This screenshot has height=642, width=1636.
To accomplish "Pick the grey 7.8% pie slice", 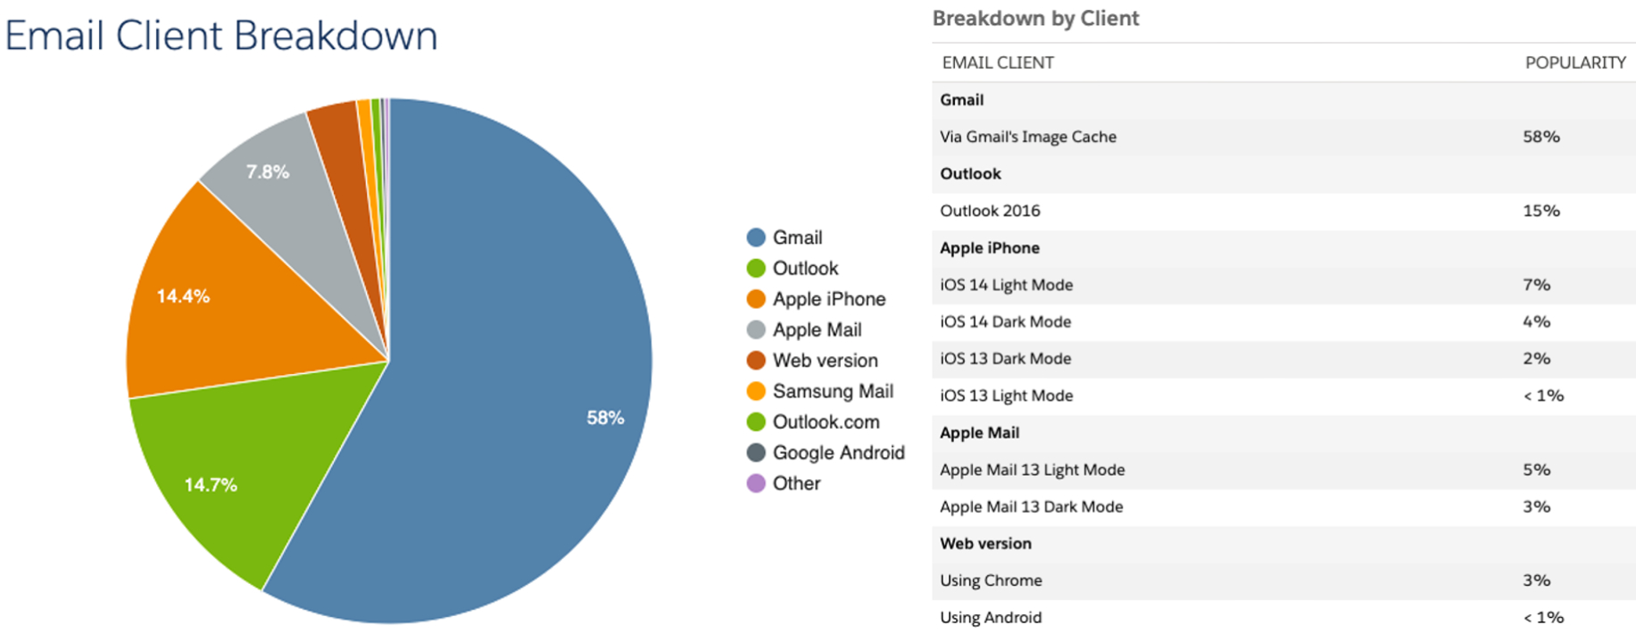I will [x=277, y=188].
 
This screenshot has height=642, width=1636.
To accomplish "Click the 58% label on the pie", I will [x=605, y=418].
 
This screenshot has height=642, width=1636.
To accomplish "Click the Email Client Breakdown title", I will [x=221, y=36].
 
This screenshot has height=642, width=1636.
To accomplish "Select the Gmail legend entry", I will [x=797, y=238].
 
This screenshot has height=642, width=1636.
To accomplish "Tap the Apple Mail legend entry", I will [x=817, y=329].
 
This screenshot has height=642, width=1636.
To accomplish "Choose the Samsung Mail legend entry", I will [x=832, y=391].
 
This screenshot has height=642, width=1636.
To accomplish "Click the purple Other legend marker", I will [x=756, y=483].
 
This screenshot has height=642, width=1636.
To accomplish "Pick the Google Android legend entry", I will [x=838, y=453].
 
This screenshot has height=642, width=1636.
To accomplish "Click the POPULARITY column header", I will [x=1574, y=63].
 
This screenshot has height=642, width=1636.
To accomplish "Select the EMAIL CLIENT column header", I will [x=998, y=63].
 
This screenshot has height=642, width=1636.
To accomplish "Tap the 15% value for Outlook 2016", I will [x=1540, y=211].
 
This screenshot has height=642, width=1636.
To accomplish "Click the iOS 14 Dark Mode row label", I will [x=1005, y=321].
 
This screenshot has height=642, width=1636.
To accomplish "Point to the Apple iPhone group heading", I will [x=989, y=247].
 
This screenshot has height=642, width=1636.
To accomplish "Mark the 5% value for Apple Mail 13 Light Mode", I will [x=1536, y=470].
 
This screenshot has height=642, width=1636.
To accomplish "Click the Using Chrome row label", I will [x=991, y=580].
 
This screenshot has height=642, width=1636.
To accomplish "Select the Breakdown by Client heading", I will [x=1035, y=19].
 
